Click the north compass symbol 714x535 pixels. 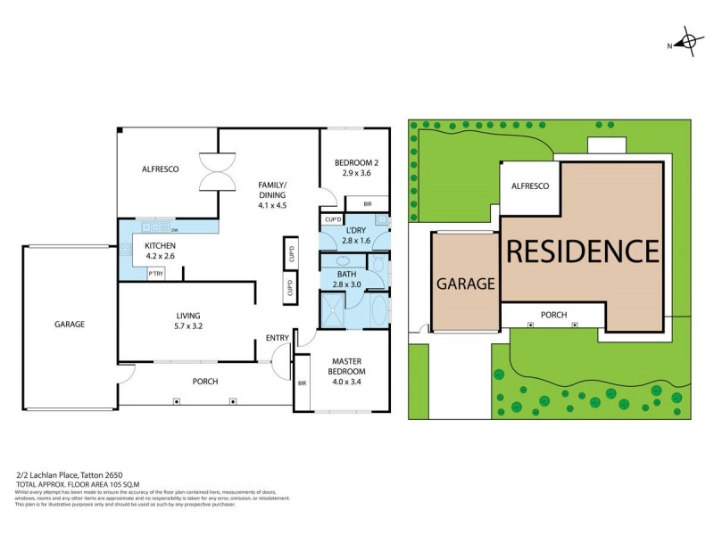(686, 41)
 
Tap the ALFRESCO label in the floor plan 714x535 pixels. (161, 169)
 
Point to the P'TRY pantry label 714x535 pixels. (156, 274)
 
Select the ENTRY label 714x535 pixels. (277, 338)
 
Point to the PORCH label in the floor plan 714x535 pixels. (205, 382)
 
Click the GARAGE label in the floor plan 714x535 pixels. (69, 325)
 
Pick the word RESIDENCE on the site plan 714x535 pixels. (582, 251)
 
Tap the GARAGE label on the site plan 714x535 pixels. (465, 284)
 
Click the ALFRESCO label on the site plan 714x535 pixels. (529, 185)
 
